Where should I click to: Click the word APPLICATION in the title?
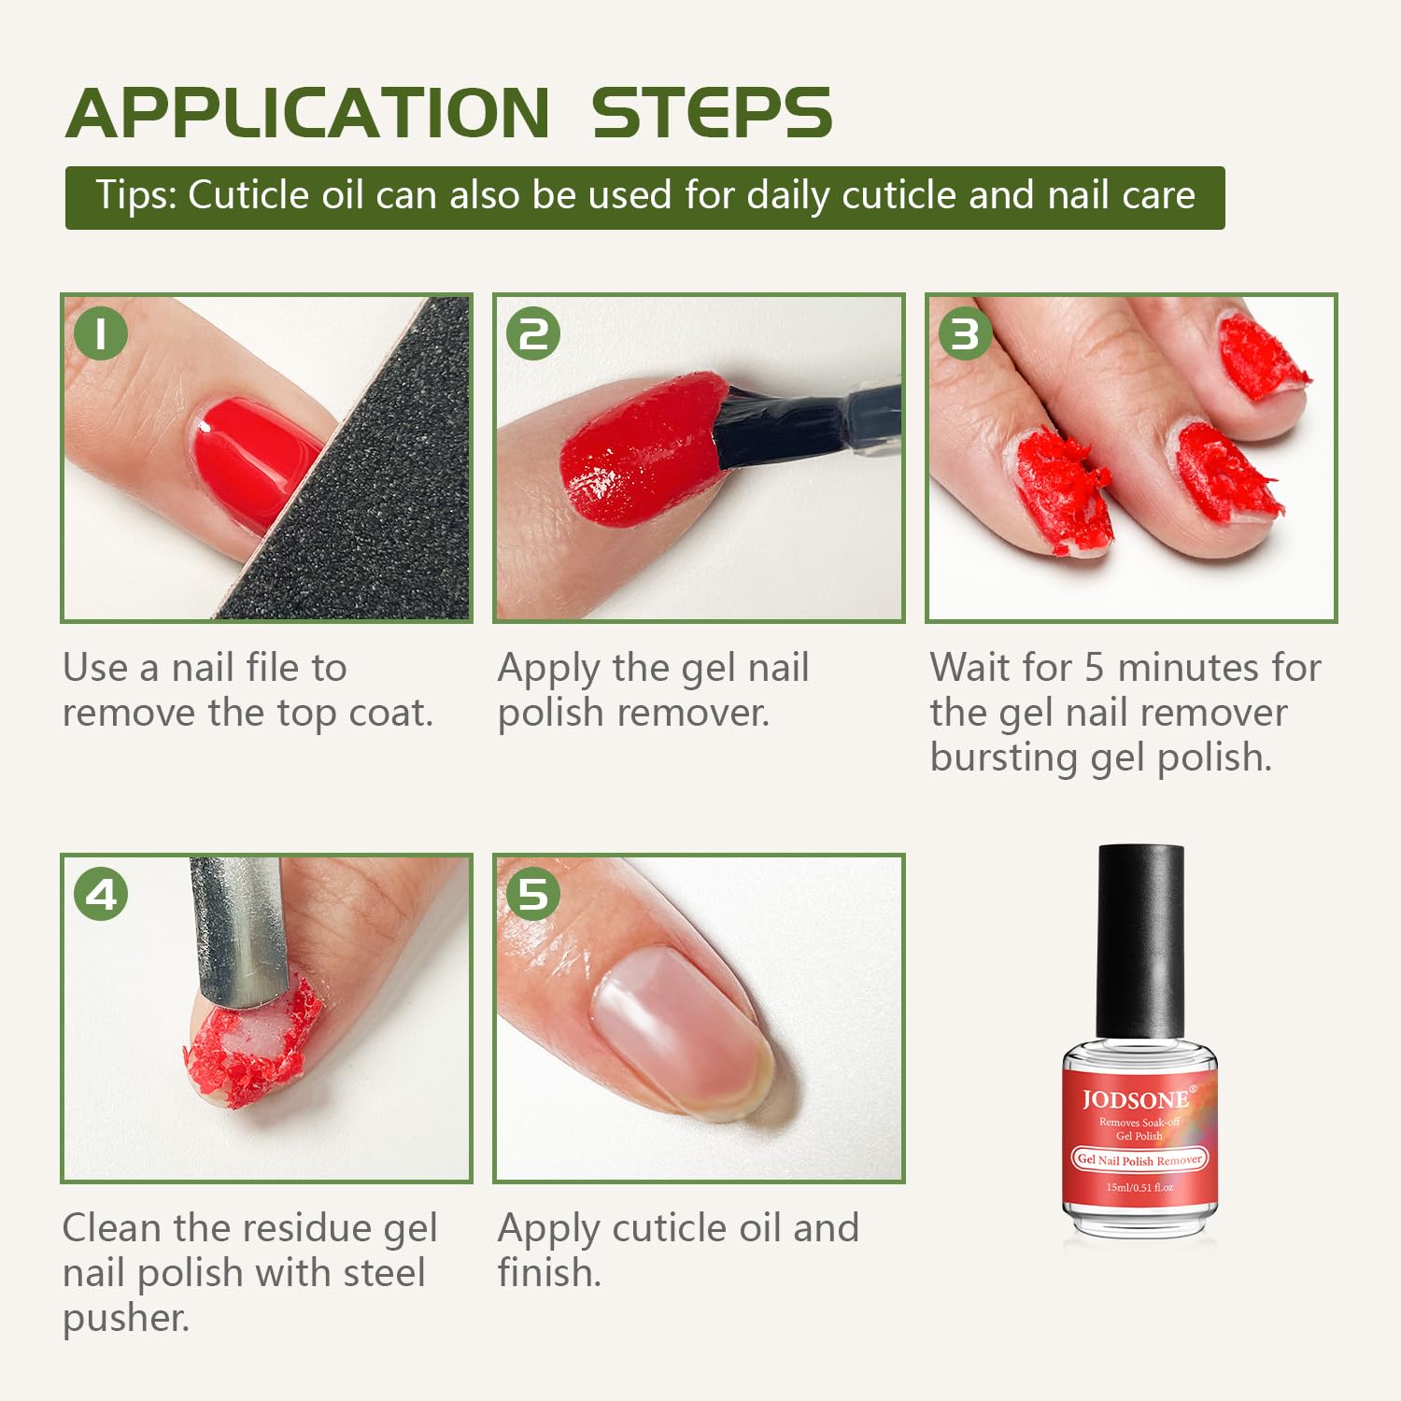click(x=308, y=113)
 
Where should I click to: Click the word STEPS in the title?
click(x=711, y=113)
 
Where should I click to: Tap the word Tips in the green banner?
click(x=135, y=196)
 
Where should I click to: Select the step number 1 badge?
click(x=100, y=333)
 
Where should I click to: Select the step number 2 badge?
click(x=532, y=333)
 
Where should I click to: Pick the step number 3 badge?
click(x=965, y=333)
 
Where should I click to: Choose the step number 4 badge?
click(x=100, y=894)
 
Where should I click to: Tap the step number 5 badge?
click(x=532, y=894)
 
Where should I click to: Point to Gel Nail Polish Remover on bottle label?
click(x=1139, y=1160)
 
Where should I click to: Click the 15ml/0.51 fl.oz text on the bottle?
click(x=1139, y=1187)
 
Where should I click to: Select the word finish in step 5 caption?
click(x=547, y=1273)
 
